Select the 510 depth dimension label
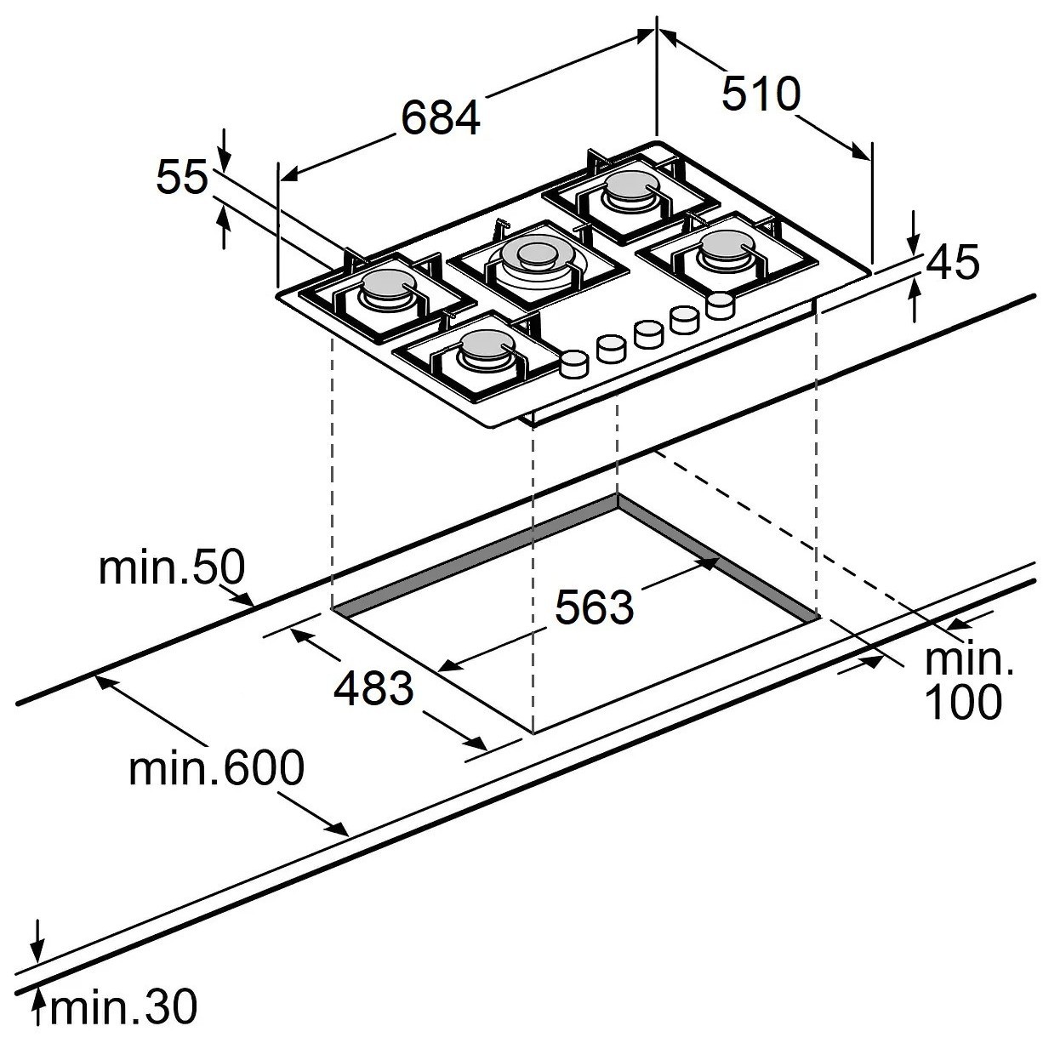tap(761, 94)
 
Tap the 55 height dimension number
tap(181, 178)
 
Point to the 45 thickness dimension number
tap(952, 263)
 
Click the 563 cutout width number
tap(594, 607)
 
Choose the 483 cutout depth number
tap(373, 688)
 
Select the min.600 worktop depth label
tap(216, 768)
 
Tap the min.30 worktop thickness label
tap(124, 1007)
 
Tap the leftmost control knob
tap(574, 363)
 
